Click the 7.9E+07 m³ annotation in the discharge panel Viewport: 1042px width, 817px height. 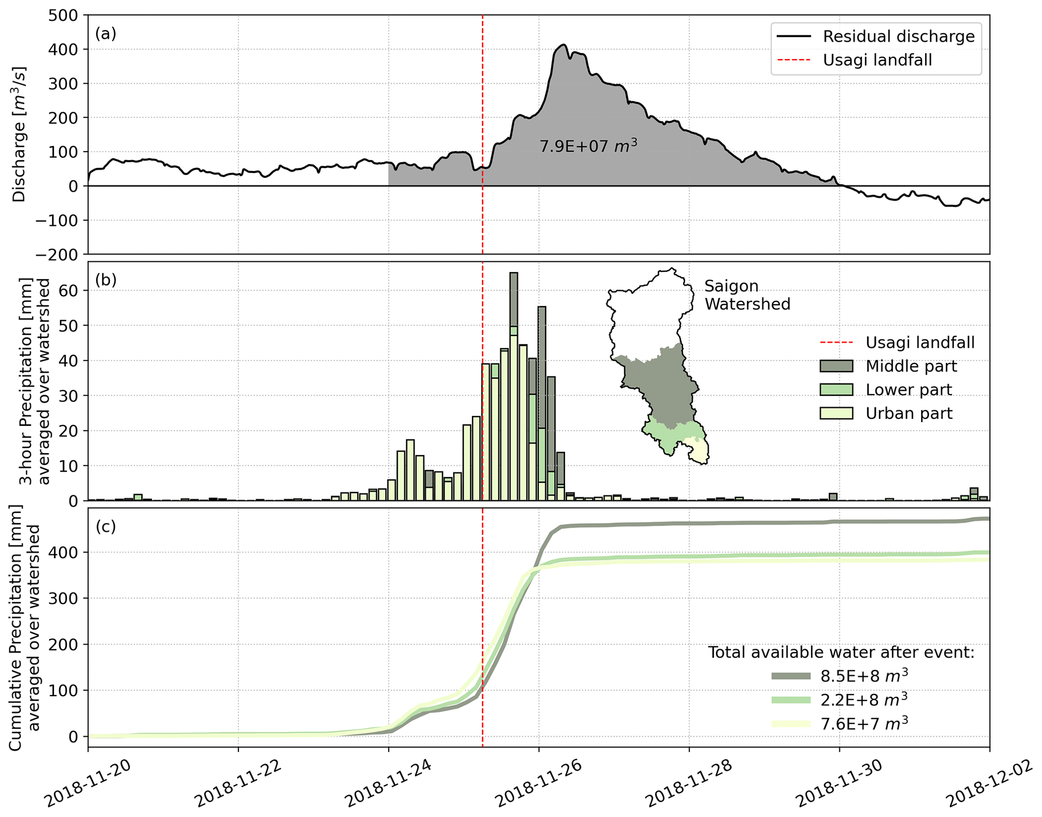pos(588,146)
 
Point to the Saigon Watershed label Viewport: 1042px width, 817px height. pos(747,295)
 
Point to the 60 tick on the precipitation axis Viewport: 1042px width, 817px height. pos(70,291)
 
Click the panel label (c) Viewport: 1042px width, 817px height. pos(106,526)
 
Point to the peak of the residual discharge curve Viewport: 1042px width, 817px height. pos(565,45)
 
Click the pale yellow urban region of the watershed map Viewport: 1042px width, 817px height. pos(698,451)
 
